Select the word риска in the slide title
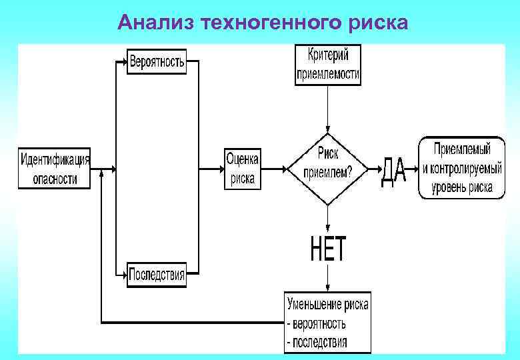tap(377, 23)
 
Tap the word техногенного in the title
tap(268, 23)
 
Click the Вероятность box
tap(157, 62)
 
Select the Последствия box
tap(157, 274)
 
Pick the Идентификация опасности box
tap(55, 169)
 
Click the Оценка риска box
tap(243, 169)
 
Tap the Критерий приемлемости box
tap(327, 64)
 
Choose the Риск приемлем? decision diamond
tap(327, 167)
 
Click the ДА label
tap(393, 173)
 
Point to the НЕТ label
tap(328, 249)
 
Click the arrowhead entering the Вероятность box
tap(123, 63)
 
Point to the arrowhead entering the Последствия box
tap(123, 274)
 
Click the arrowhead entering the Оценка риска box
tap(220, 169)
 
